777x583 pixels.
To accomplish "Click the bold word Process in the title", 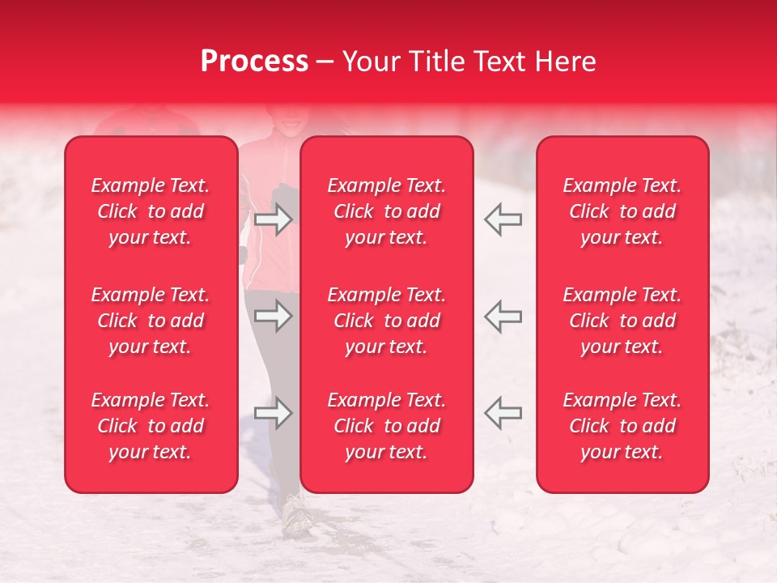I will pyautogui.click(x=254, y=62).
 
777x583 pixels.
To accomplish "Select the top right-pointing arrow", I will pyautogui.click(x=274, y=219).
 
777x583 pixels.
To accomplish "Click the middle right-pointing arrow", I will pyautogui.click(x=274, y=316).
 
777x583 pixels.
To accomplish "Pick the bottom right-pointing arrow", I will pyautogui.click(x=274, y=413).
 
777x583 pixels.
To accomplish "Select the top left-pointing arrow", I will pyautogui.click(x=503, y=219).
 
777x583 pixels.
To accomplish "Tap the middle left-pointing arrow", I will pyautogui.click(x=503, y=316).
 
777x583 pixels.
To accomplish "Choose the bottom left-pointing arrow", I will pyautogui.click(x=503, y=413).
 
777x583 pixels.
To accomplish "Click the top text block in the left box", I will pyautogui.click(x=151, y=211).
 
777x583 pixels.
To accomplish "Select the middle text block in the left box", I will pyautogui.click(x=151, y=321).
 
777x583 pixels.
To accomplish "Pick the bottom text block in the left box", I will pyautogui.click(x=151, y=426).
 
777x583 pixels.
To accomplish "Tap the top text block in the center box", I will pyautogui.click(x=387, y=211).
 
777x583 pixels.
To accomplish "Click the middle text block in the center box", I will pyautogui.click(x=387, y=321).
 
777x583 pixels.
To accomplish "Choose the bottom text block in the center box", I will pyautogui.click(x=387, y=426).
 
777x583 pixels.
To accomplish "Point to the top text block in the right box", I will pyautogui.click(x=622, y=211).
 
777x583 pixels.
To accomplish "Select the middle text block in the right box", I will pyautogui.click(x=622, y=321).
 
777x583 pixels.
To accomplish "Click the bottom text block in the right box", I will pyautogui.click(x=622, y=426).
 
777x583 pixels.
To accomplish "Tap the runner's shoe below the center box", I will pyautogui.click(x=298, y=514).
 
